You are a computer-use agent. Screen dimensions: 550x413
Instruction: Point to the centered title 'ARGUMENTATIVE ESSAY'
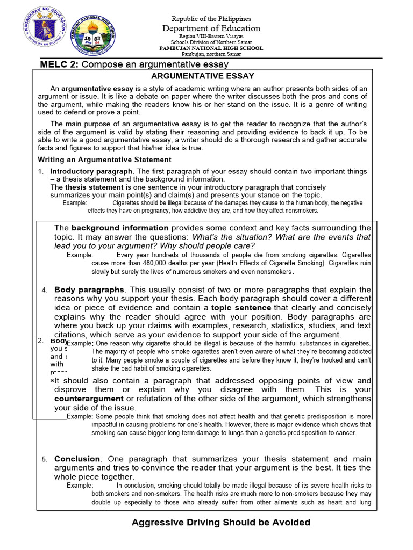point(202,76)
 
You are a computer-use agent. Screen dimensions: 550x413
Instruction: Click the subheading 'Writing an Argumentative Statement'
point(104,160)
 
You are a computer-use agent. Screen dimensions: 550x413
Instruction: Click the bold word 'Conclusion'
point(77,459)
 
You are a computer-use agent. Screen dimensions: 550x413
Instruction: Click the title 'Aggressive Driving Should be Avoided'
point(221,522)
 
